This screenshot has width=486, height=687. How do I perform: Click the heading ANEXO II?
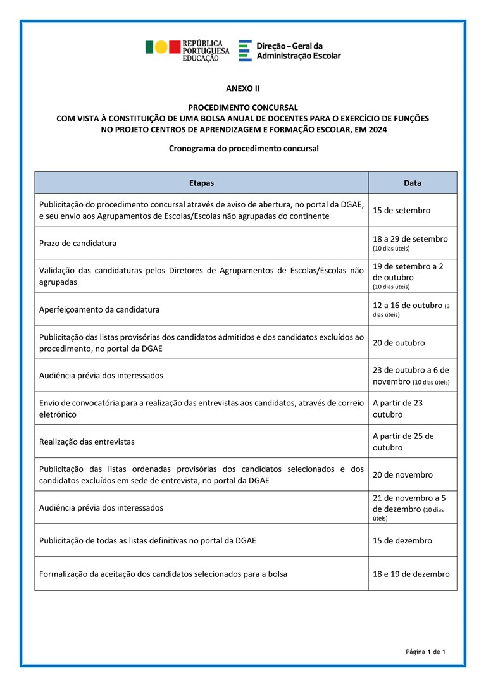(x=243, y=89)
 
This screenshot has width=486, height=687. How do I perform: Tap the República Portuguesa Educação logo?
(x=187, y=51)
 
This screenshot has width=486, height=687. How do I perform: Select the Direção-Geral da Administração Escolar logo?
(x=290, y=51)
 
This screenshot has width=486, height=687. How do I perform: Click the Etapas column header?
(x=201, y=183)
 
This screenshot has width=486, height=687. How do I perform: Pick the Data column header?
(x=413, y=183)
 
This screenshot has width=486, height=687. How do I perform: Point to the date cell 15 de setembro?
(x=402, y=210)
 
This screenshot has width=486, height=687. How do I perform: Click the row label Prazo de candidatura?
(x=78, y=243)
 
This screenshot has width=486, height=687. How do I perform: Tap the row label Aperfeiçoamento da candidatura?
(x=99, y=309)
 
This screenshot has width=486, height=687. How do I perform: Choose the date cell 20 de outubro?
(x=399, y=343)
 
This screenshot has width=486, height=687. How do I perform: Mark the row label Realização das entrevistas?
(x=87, y=442)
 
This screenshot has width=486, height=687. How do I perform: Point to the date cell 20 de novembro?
(x=403, y=474)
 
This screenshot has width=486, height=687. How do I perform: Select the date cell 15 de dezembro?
(x=402, y=541)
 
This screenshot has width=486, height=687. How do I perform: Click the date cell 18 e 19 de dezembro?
(x=411, y=574)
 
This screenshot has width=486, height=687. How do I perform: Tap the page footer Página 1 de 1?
(x=426, y=652)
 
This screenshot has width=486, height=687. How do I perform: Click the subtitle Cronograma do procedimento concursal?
(x=243, y=149)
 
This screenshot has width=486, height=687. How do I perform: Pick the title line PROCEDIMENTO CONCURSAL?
(x=243, y=108)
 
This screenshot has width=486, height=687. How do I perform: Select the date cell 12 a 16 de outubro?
(x=408, y=306)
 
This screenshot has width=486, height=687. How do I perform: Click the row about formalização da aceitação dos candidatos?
(x=163, y=574)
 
